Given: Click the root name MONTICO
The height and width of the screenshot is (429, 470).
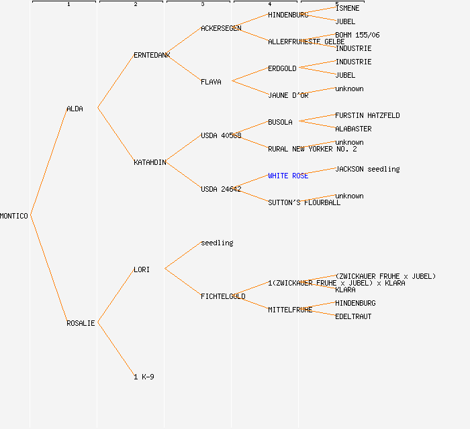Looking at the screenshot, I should click(x=14, y=216).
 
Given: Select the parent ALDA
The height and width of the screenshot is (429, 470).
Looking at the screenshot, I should click(x=75, y=109).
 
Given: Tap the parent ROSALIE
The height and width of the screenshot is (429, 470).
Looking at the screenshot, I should click(x=81, y=323).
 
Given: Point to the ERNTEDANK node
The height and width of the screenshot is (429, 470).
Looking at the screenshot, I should click(x=152, y=55).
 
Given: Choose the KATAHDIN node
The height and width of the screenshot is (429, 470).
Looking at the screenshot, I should click(x=150, y=162).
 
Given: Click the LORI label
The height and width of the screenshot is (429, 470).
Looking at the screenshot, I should click(x=142, y=269).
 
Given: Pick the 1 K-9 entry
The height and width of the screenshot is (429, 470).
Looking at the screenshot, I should click(x=144, y=377).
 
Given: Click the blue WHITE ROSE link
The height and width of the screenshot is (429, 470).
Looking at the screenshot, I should click(x=288, y=176).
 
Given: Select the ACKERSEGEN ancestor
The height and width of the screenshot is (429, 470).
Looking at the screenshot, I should click(x=221, y=28).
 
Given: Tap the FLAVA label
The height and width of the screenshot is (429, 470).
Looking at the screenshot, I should click(x=211, y=82).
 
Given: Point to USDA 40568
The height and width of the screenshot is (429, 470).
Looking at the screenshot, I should click(x=221, y=135).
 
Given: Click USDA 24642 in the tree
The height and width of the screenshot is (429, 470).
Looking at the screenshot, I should click(x=221, y=189).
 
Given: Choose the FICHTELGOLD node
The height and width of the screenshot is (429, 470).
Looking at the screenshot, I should click(x=223, y=296).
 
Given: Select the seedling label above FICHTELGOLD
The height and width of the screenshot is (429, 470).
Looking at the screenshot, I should click(x=217, y=243).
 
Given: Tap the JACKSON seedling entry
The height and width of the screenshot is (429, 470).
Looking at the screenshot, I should click(x=367, y=169).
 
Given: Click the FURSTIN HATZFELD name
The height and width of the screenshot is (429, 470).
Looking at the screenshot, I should click(x=367, y=115).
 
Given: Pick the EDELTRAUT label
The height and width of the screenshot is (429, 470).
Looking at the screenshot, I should click(x=353, y=316).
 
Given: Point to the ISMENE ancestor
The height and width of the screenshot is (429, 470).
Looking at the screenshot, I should click(x=347, y=8).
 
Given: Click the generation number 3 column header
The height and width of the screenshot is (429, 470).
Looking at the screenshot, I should click(x=202, y=5).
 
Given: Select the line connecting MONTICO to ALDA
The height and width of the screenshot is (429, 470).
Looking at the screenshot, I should click(x=48, y=162).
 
